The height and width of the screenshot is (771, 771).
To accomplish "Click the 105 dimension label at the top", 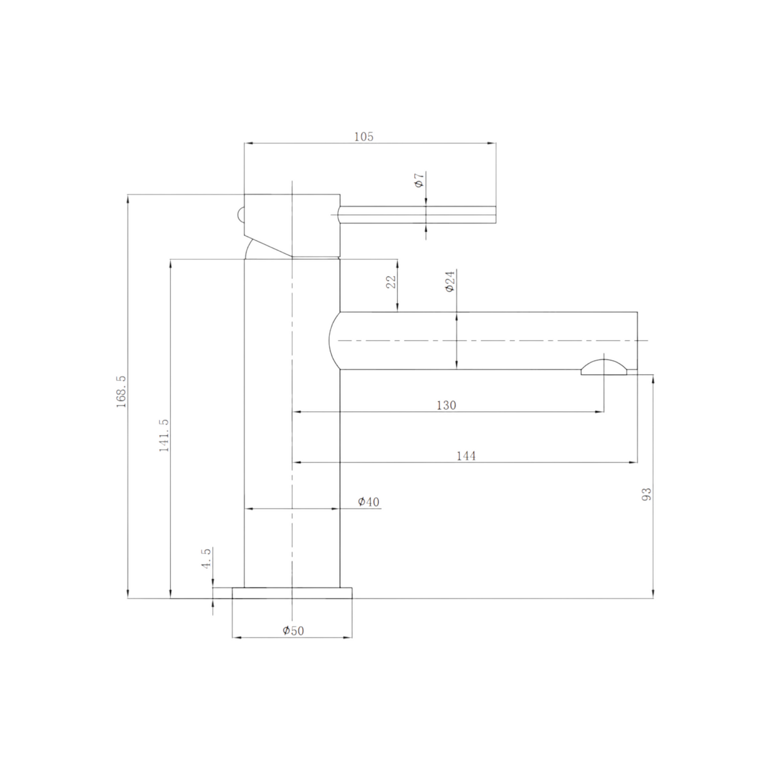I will (364, 137).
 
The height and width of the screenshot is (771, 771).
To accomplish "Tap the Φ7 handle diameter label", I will (419, 180).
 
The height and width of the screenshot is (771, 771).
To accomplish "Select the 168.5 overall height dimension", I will (122, 391).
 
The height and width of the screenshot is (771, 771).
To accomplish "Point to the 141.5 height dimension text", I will (164, 435).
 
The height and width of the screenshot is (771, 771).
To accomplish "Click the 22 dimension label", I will (392, 282).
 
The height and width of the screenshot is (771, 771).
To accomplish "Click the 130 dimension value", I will (446, 405).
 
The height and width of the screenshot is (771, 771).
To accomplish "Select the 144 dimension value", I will (466, 456).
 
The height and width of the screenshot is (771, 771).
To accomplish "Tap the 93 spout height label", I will (647, 494).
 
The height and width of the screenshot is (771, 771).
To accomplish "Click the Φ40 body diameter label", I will (369, 502).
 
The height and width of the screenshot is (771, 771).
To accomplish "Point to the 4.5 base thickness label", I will (206, 559).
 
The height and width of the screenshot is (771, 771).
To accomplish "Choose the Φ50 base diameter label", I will (293, 631).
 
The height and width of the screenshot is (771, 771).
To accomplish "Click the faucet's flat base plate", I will (292, 593).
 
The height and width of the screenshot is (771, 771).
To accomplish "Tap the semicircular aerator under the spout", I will (604, 368).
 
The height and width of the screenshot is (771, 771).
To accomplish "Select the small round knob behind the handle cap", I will (241, 215).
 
